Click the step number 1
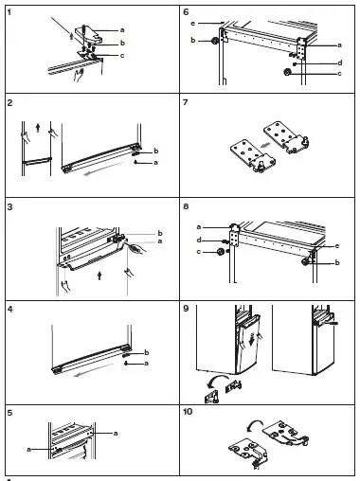[9, 12]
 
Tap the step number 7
[186, 102]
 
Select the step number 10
[188, 412]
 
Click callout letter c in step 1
[122, 56]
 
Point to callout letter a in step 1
[122, 30]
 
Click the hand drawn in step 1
[79, 75]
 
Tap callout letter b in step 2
[155, 151]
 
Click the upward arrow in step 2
[38, 128]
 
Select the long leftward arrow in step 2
[104, 169]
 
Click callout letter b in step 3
[160, 233]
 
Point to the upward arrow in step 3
[99, 276]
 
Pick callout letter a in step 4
[146, 364]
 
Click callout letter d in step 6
[340, 62]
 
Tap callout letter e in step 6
[192, 24]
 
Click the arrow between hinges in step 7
[265, 146]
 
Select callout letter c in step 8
[199, 252]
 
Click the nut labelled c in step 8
[220, 252]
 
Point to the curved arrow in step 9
[217, 381]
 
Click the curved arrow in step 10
[255, 424]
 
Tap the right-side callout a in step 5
[116, 434]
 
